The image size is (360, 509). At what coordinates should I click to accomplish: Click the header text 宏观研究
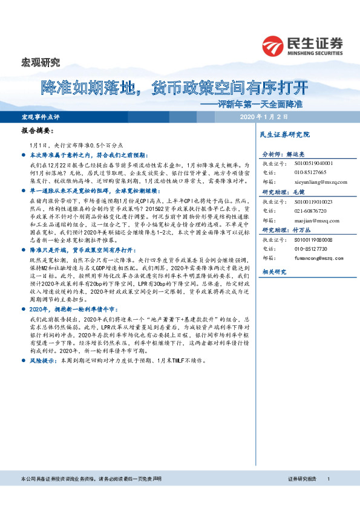(41, 62)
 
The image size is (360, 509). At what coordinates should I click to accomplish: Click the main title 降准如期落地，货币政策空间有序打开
(174, 88)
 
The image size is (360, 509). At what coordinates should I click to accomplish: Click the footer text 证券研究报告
(303, 496)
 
